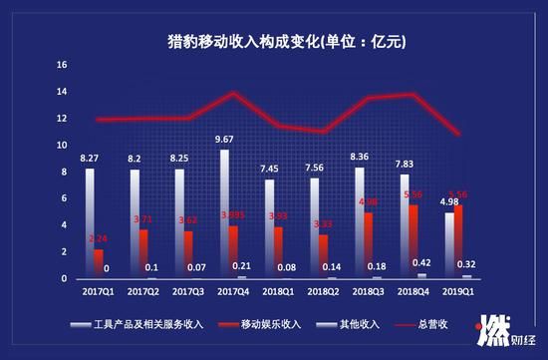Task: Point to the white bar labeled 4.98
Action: (x=448, y=245)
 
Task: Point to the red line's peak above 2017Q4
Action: (x=233, y=93)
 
